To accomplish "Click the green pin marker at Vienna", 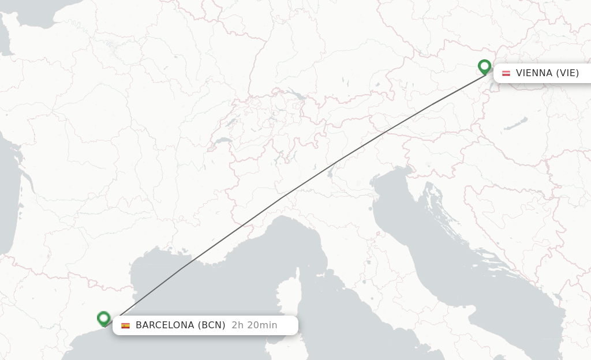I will [484, 67].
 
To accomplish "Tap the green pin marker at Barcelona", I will [104, 318].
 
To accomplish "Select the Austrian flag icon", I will [506, 73].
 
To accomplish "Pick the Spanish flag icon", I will [125, 325].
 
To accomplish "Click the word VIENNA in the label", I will [534, 73].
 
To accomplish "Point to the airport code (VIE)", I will [567, 73].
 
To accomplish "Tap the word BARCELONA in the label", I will [165, 325].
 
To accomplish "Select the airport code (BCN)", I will [212, 325].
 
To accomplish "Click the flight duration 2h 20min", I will [255, 325].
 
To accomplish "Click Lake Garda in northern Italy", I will [331, 171].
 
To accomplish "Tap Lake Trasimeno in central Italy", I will [364, 262].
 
